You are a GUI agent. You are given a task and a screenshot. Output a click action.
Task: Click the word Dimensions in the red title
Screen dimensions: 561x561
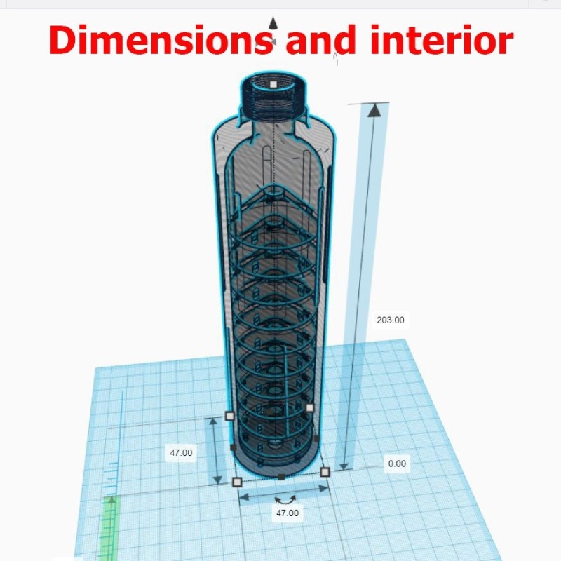click(x=161, y=40)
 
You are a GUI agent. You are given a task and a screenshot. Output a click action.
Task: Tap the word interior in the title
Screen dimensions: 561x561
click(x=442, y=40)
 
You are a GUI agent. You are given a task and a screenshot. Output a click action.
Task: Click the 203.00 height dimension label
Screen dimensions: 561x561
click(x=391, y=320)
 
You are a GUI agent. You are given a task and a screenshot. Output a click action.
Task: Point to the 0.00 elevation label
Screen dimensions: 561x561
click(x=397, y=464)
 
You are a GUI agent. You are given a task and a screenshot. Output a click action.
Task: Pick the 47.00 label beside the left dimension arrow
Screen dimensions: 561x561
click(x=181, y=452)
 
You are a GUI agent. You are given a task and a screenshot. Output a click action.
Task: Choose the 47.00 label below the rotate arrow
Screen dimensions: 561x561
click(x=288, y=513)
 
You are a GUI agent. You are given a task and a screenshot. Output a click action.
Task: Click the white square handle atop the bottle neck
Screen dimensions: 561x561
click(x=273, y=84)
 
